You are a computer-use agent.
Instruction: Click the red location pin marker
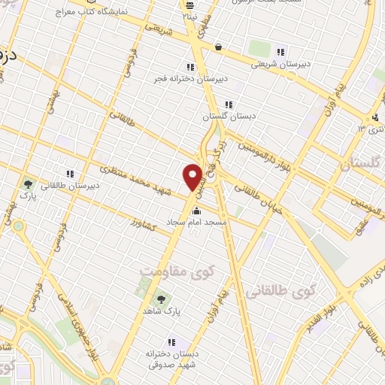(193, 177)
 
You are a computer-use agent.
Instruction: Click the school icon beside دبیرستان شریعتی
(280, 52)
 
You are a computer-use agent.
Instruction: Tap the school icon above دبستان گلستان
(228, 105)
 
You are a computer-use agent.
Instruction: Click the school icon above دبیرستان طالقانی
(70, 174)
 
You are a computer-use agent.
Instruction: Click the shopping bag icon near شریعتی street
(218, 47)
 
